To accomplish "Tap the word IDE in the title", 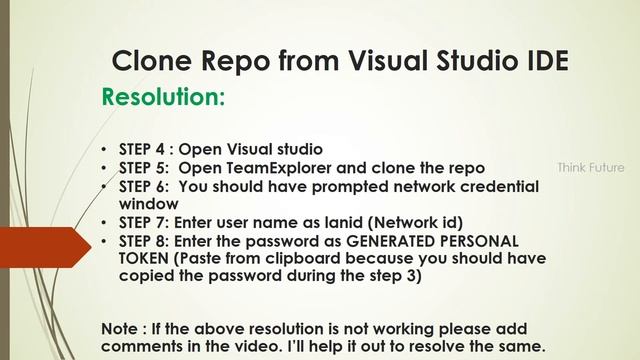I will point(546,61).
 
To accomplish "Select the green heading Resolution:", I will point(163,98).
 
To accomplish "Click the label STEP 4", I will point(144,148).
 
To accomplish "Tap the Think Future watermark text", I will point(590,167).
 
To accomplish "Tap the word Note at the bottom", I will point(123,329).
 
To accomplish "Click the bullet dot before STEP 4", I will point(106,149).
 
